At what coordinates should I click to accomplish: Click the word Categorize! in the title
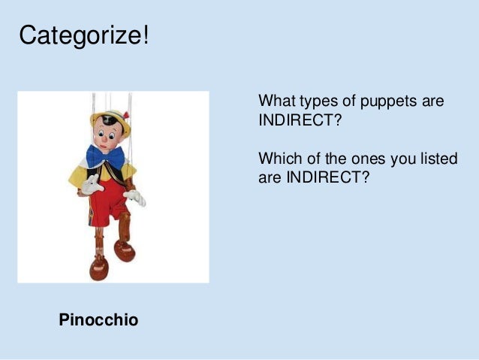(83, 35)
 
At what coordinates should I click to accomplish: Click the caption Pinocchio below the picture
(98, 320)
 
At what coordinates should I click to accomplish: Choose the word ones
(365, 159)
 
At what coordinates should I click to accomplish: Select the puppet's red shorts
(111, 199)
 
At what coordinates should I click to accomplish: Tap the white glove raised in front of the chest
(92, 186)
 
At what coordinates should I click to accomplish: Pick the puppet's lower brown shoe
(99, 267)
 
